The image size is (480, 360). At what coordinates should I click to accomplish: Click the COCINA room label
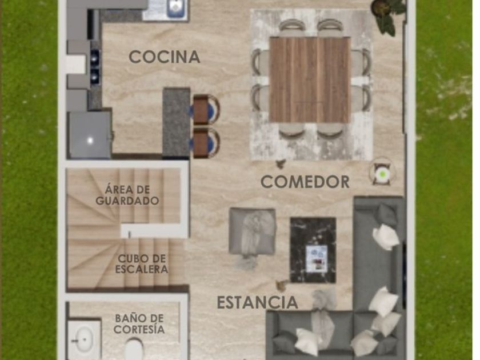click(x=165, y=57)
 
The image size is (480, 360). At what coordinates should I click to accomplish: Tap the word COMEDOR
click(x=305, y=182)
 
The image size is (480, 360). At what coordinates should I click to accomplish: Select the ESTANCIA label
click(x=258, y=302)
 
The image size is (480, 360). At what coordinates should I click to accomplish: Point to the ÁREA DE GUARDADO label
click(x=127, y=195)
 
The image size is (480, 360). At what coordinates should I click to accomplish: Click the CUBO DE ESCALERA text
click(x=142, y=264)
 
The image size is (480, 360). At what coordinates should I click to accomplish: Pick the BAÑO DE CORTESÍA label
click(x=139, y=324)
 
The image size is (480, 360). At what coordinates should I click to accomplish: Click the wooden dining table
click(x=310, y=80)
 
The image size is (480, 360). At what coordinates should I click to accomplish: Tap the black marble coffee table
click(x=313, y=250)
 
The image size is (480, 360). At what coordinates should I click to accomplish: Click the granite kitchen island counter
click(x=176, y=122)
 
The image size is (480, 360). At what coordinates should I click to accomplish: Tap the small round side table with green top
click(x=382, y=174)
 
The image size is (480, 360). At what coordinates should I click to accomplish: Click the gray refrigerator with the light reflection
click(x=90, y=135)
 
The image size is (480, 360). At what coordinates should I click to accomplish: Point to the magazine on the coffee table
click(x=317, y=258)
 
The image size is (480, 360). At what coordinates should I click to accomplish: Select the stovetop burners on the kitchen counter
click(x=95, y=66)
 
